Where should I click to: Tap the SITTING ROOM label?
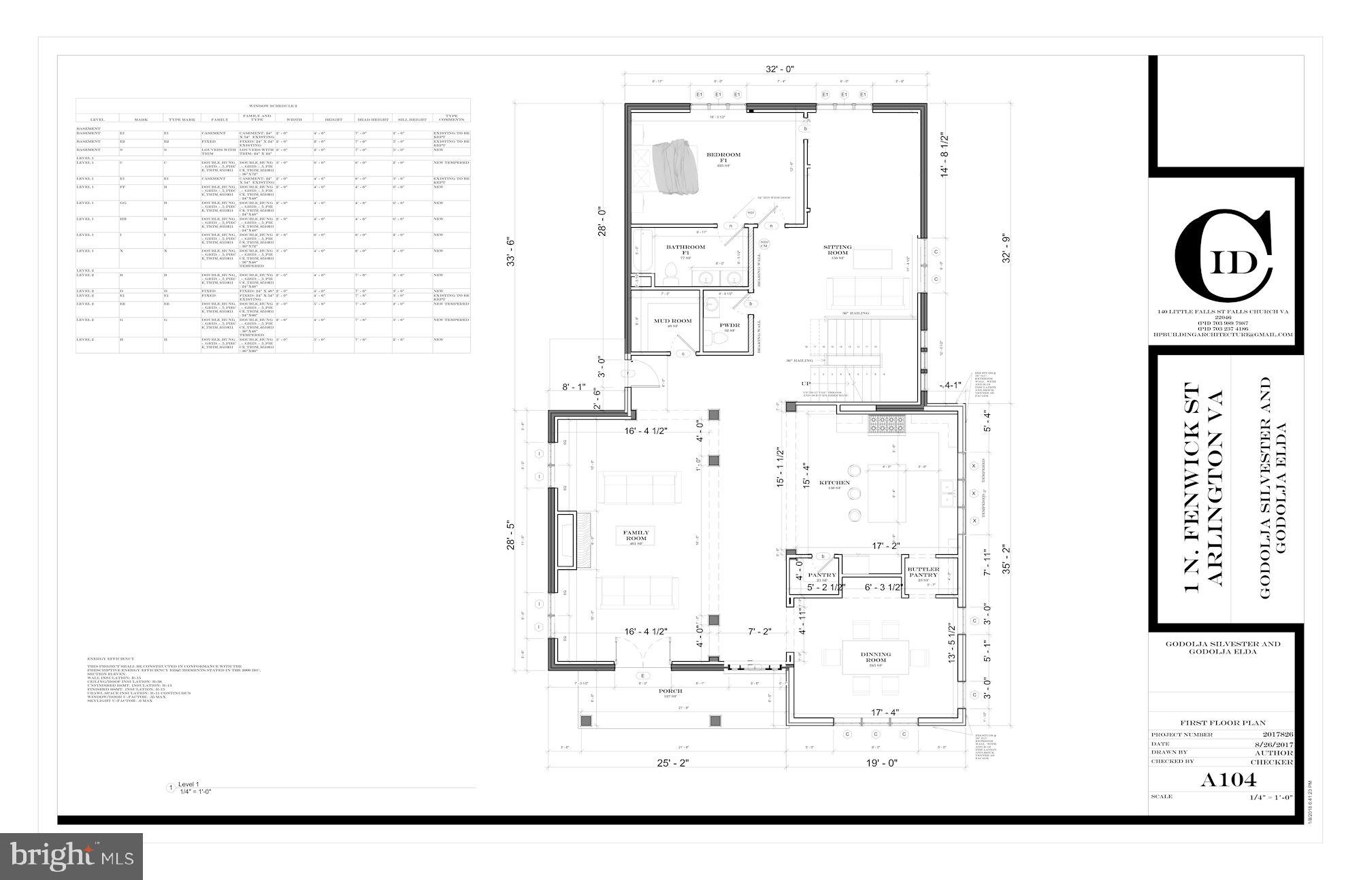[x=837, y=250]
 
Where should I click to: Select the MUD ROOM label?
[x=672, y=321]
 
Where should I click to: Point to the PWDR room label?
[x=729, y=326]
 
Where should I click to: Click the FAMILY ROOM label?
[x=636, y=535]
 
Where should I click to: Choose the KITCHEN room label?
[x=834, y=483]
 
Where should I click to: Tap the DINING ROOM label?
[x=875, y=657]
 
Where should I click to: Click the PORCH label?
[x=670, y=691]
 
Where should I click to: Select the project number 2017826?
[x=1277, y=734]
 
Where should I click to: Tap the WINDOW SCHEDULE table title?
[x=272, y=105]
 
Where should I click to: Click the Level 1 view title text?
[x=189, y=784]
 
